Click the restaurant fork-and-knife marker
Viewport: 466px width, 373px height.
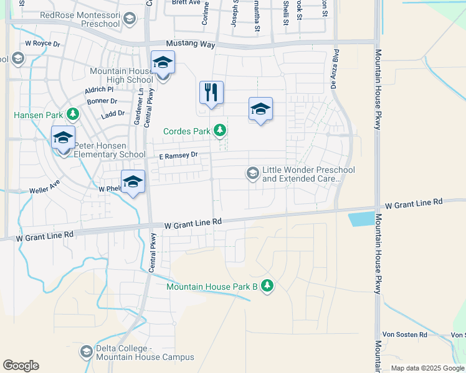tap(211, 93)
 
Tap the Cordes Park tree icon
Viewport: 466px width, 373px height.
tap(219, 131)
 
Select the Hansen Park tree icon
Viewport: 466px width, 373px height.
tap(74, 114)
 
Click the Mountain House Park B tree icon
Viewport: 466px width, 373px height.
tap(267, 285)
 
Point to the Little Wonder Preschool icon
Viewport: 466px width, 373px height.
tap(253, 173)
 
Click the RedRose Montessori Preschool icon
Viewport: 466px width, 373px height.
tap(129, 19)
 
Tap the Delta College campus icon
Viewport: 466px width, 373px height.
tap(87, 352)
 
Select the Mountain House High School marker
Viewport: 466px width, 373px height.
tap(163, 63)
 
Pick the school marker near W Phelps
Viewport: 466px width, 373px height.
tap(133, 182)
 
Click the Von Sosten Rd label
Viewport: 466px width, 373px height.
tap(406, 334)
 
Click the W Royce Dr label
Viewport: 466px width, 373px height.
tap(42, 44)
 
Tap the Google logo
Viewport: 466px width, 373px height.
tap(21, 366)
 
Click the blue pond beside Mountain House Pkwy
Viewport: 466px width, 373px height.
tap(359, 219)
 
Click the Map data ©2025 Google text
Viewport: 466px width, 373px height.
tap(427, 368)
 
